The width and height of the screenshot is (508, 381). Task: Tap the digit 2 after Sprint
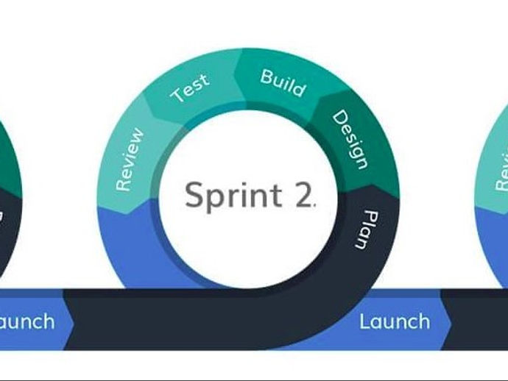(x=303, y=196)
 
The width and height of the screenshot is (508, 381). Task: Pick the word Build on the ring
(x=283, y=82)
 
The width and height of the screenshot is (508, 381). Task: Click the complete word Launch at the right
(x=394, y=321)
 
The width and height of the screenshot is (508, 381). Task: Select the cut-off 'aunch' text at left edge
(x=27, y=321)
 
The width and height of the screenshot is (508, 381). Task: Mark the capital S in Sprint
(x=194, y=196)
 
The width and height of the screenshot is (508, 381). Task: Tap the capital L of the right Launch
(x=364, y=321)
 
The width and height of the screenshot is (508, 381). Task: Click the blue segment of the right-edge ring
(x=495, y=243)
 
